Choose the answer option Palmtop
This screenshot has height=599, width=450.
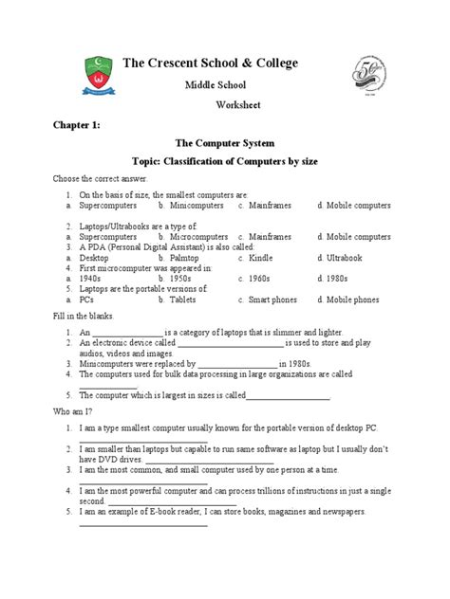[x=185, y=256]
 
